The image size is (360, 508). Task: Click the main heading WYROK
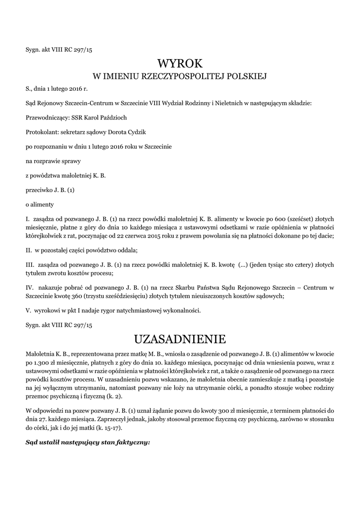(180, 63)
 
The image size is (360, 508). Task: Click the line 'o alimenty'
(39, 204)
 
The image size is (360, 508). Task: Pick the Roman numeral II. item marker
(29, 250)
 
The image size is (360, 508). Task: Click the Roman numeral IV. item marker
(29, 287)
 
